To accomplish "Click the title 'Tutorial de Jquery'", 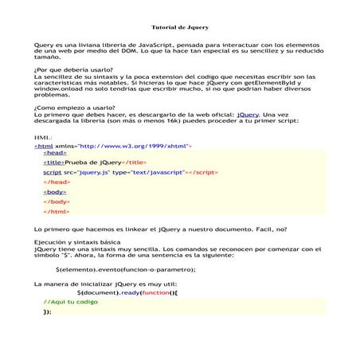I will point(180,26).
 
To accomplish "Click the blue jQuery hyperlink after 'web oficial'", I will point(248,114).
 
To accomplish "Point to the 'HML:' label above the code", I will point(44,138).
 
